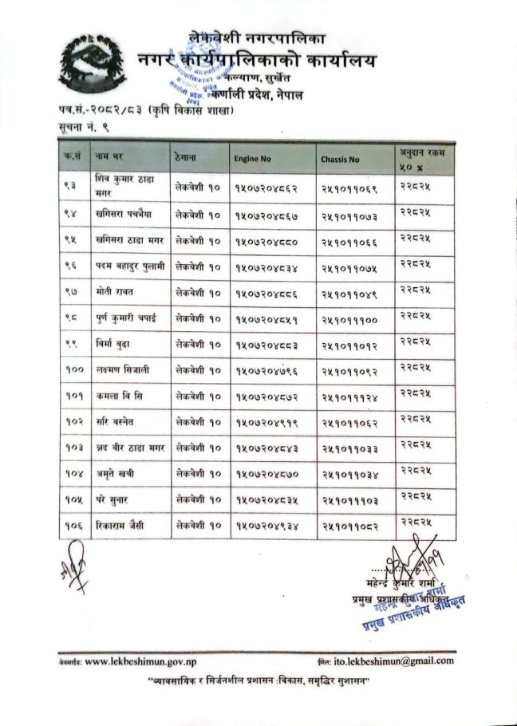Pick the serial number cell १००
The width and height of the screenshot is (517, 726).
(x=73, y=369)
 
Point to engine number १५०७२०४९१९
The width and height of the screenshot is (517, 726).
(x=266, y=422)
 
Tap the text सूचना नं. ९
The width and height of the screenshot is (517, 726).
(x=82, y=128)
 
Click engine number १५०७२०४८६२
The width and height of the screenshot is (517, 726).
(x=266, y=189)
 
